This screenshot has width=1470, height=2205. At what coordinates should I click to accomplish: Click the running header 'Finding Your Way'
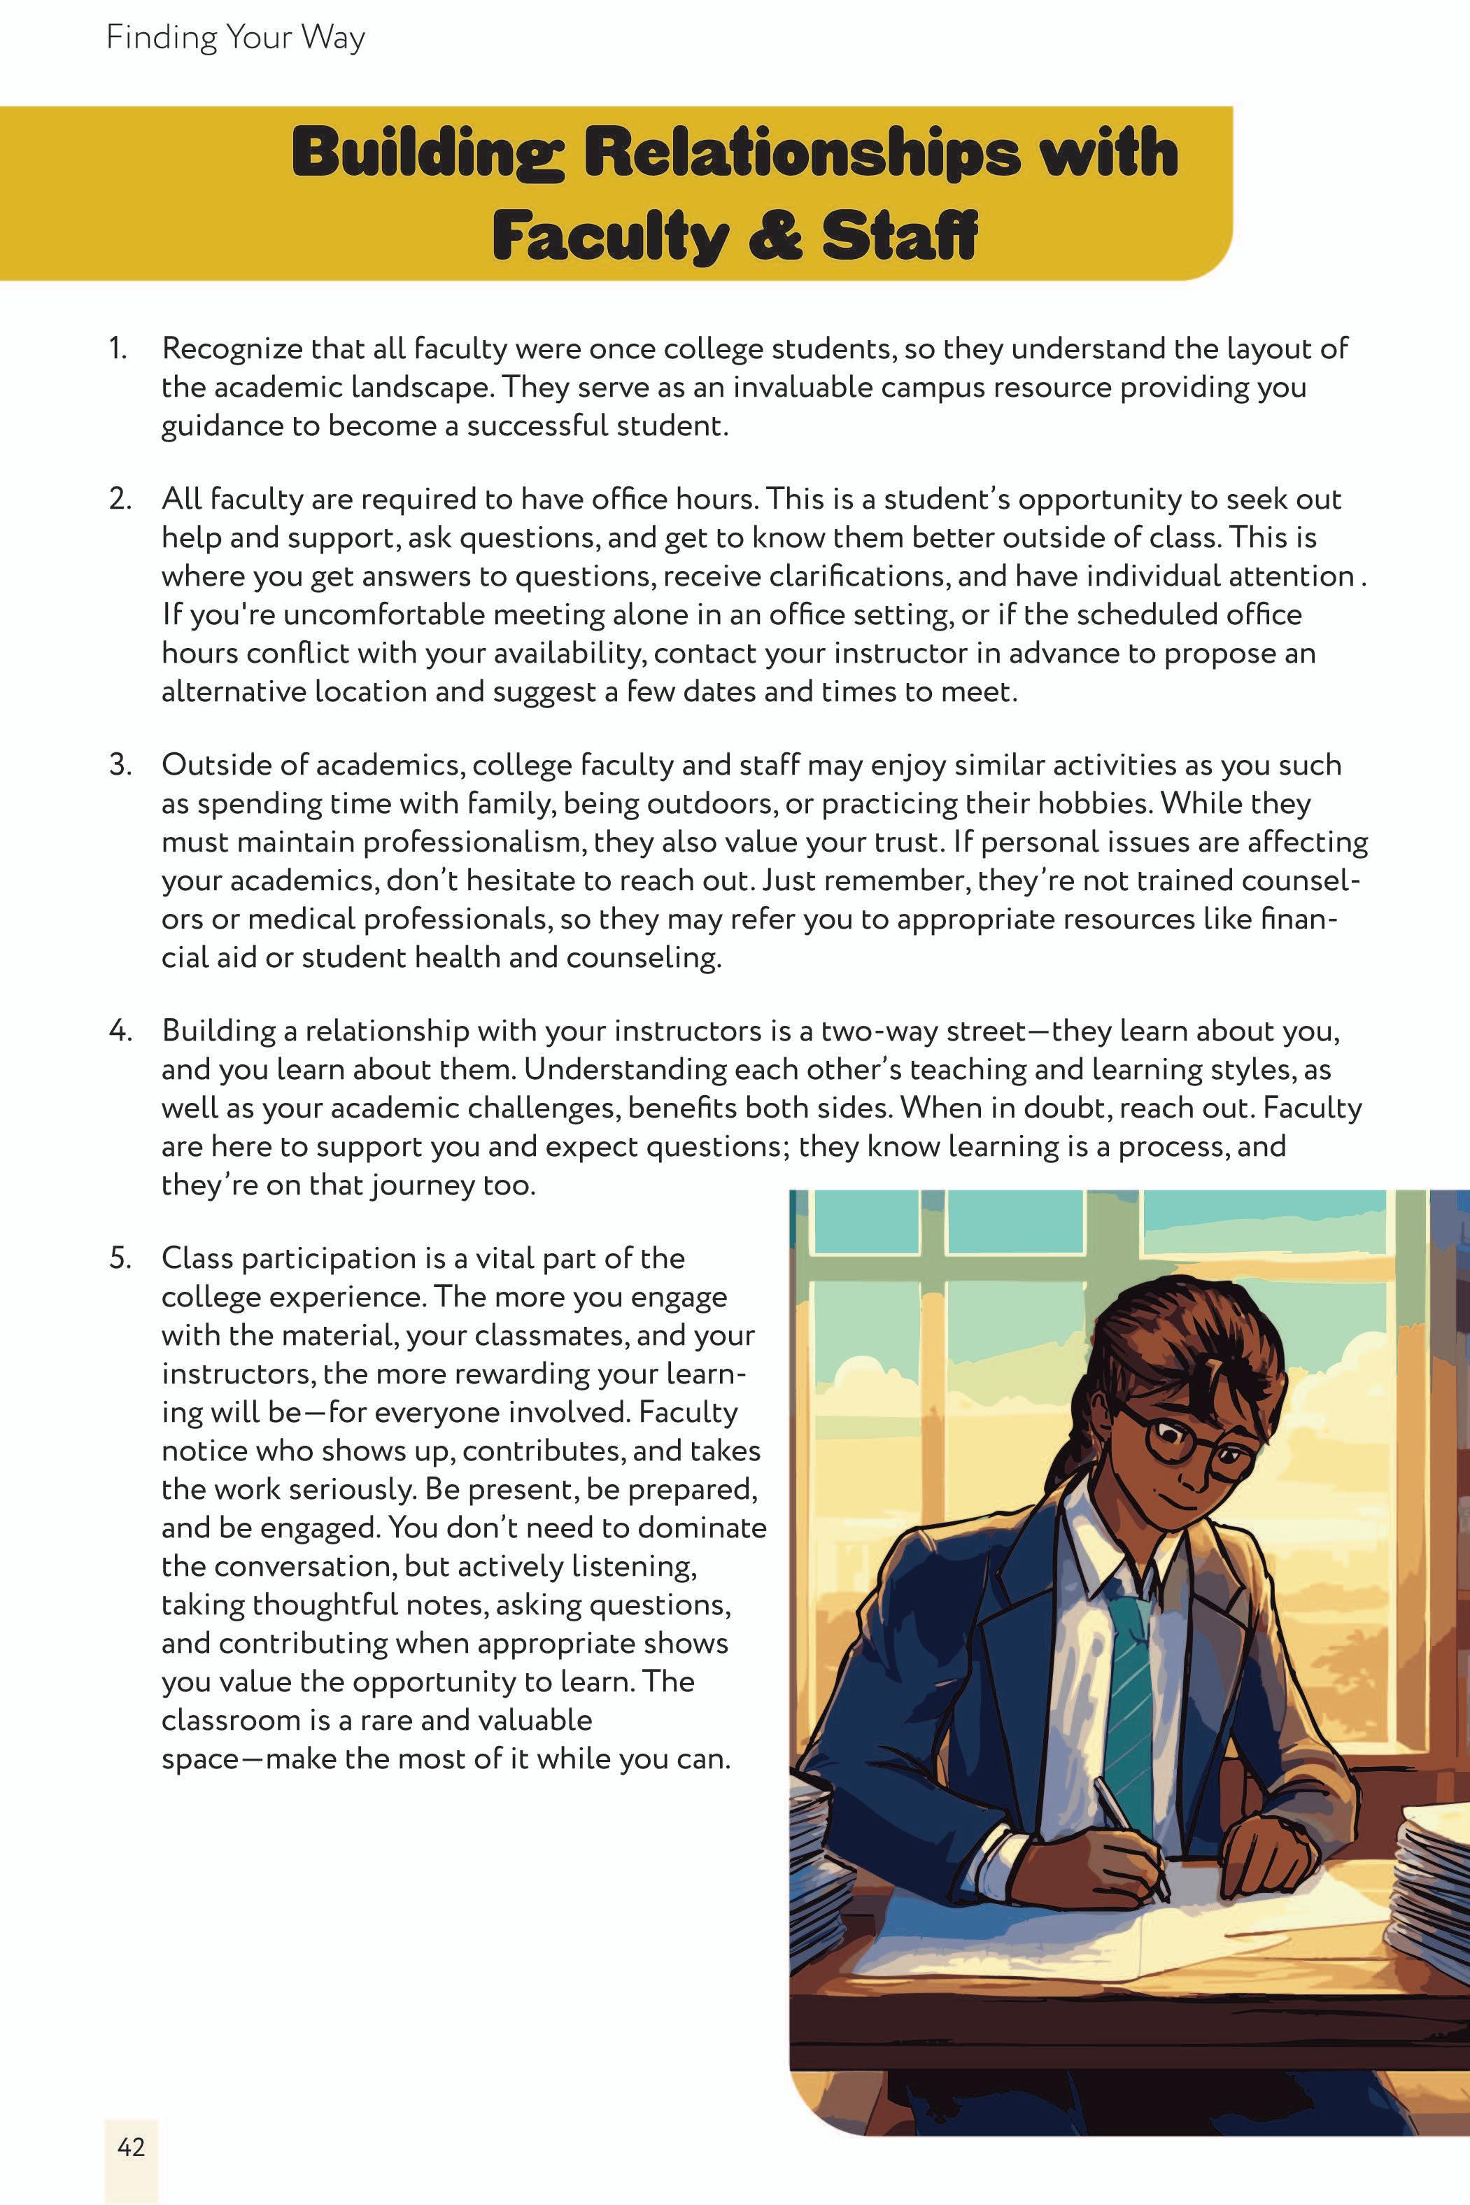point(235,38)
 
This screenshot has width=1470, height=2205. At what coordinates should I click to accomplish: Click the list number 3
point(120,765)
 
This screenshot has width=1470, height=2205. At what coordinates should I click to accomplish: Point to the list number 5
point(120,1258)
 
